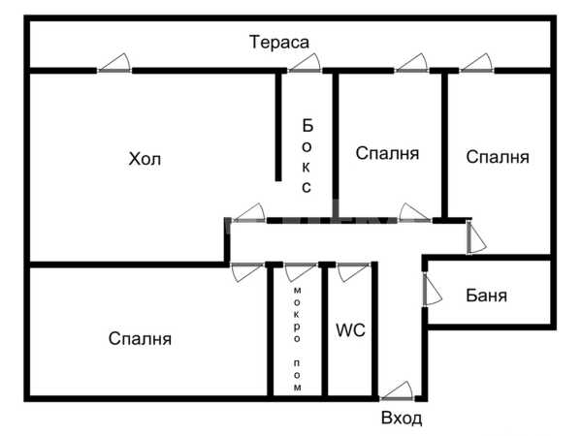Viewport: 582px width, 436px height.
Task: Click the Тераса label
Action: pos(279,42)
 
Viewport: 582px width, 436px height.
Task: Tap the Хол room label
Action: pos(145,159)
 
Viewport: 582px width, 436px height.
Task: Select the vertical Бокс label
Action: pos(307,156)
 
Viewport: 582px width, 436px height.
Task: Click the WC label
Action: pos(350,330)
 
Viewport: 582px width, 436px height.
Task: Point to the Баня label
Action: pos(486,296)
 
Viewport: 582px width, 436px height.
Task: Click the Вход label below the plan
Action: pos(402,418)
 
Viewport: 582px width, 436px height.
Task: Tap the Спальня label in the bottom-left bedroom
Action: pos(140,338)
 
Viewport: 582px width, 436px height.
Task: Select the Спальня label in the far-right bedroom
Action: pos(498,157)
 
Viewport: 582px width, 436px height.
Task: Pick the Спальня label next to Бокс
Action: pos(387,153)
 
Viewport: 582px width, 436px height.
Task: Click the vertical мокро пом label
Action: pos(298,339)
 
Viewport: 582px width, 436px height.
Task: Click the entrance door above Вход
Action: pos(397,391)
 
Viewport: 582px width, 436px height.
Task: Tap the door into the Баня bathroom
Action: pos(433,289)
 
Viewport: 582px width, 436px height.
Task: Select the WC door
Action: pos(354,272)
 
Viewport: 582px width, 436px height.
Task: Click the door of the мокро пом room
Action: pos(301,272)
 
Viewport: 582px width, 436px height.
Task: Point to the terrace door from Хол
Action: pos(114,63)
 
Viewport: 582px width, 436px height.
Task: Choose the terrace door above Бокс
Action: pos(305,63)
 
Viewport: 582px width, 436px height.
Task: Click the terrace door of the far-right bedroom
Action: pos(477,63)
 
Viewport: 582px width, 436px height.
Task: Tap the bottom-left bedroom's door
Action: pos(247,272)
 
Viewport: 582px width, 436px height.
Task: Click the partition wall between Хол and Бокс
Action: pos(278,127)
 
